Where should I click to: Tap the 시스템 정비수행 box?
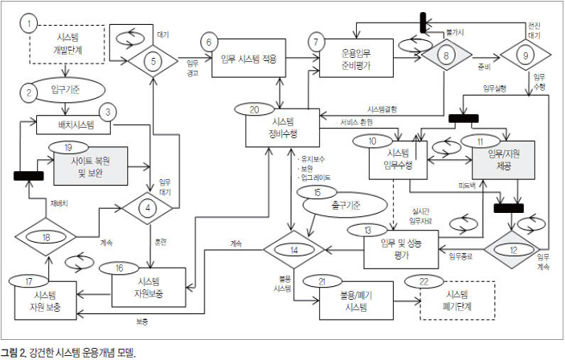click(281, 127)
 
